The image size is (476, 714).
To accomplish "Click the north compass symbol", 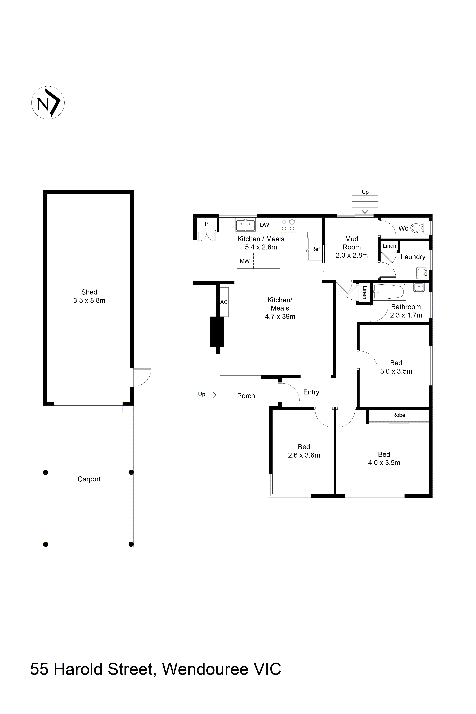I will point(48,103).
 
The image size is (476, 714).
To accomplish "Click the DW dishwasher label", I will point(264,225).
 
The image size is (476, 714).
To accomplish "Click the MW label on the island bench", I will point(245,261).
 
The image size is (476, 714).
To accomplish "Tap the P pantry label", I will point(206,224).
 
